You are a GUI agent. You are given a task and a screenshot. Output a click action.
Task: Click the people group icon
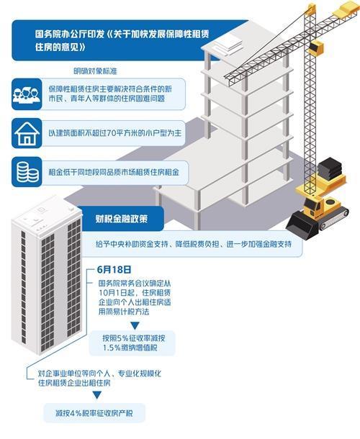[27, 94]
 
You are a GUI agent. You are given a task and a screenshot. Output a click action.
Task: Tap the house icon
[27, 133]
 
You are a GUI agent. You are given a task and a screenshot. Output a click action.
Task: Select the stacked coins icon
[27, 172]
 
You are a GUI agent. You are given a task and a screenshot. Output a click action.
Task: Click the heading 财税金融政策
[121, 219]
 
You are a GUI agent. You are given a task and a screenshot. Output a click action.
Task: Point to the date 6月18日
[114, 270]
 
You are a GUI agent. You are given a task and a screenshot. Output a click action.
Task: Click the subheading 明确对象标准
[95, 71]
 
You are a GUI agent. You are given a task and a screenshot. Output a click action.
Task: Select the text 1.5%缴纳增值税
[130, 348]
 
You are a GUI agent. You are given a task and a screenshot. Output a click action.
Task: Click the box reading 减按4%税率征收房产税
[94, 413]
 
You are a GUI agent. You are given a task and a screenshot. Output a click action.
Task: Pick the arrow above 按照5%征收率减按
[135, 325]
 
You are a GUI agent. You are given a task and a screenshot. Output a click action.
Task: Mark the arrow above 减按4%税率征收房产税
[97, 395]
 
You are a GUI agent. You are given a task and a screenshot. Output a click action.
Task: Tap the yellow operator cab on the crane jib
[316, 48]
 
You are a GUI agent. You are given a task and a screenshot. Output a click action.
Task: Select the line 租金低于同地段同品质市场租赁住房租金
[114, 172]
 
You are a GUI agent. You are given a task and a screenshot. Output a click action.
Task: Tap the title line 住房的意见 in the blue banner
[60, 47]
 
